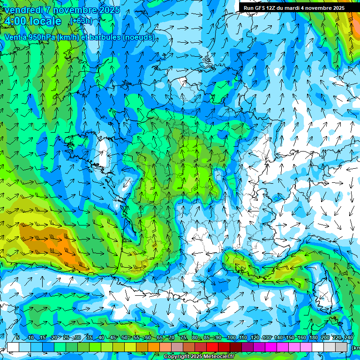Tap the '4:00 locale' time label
33,21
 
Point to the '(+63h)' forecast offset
81,21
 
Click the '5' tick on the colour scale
17,338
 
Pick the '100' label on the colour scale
231,338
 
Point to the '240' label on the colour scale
348,338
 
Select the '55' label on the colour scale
136,338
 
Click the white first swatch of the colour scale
13,347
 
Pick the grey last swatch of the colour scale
341,347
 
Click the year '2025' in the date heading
109,10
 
